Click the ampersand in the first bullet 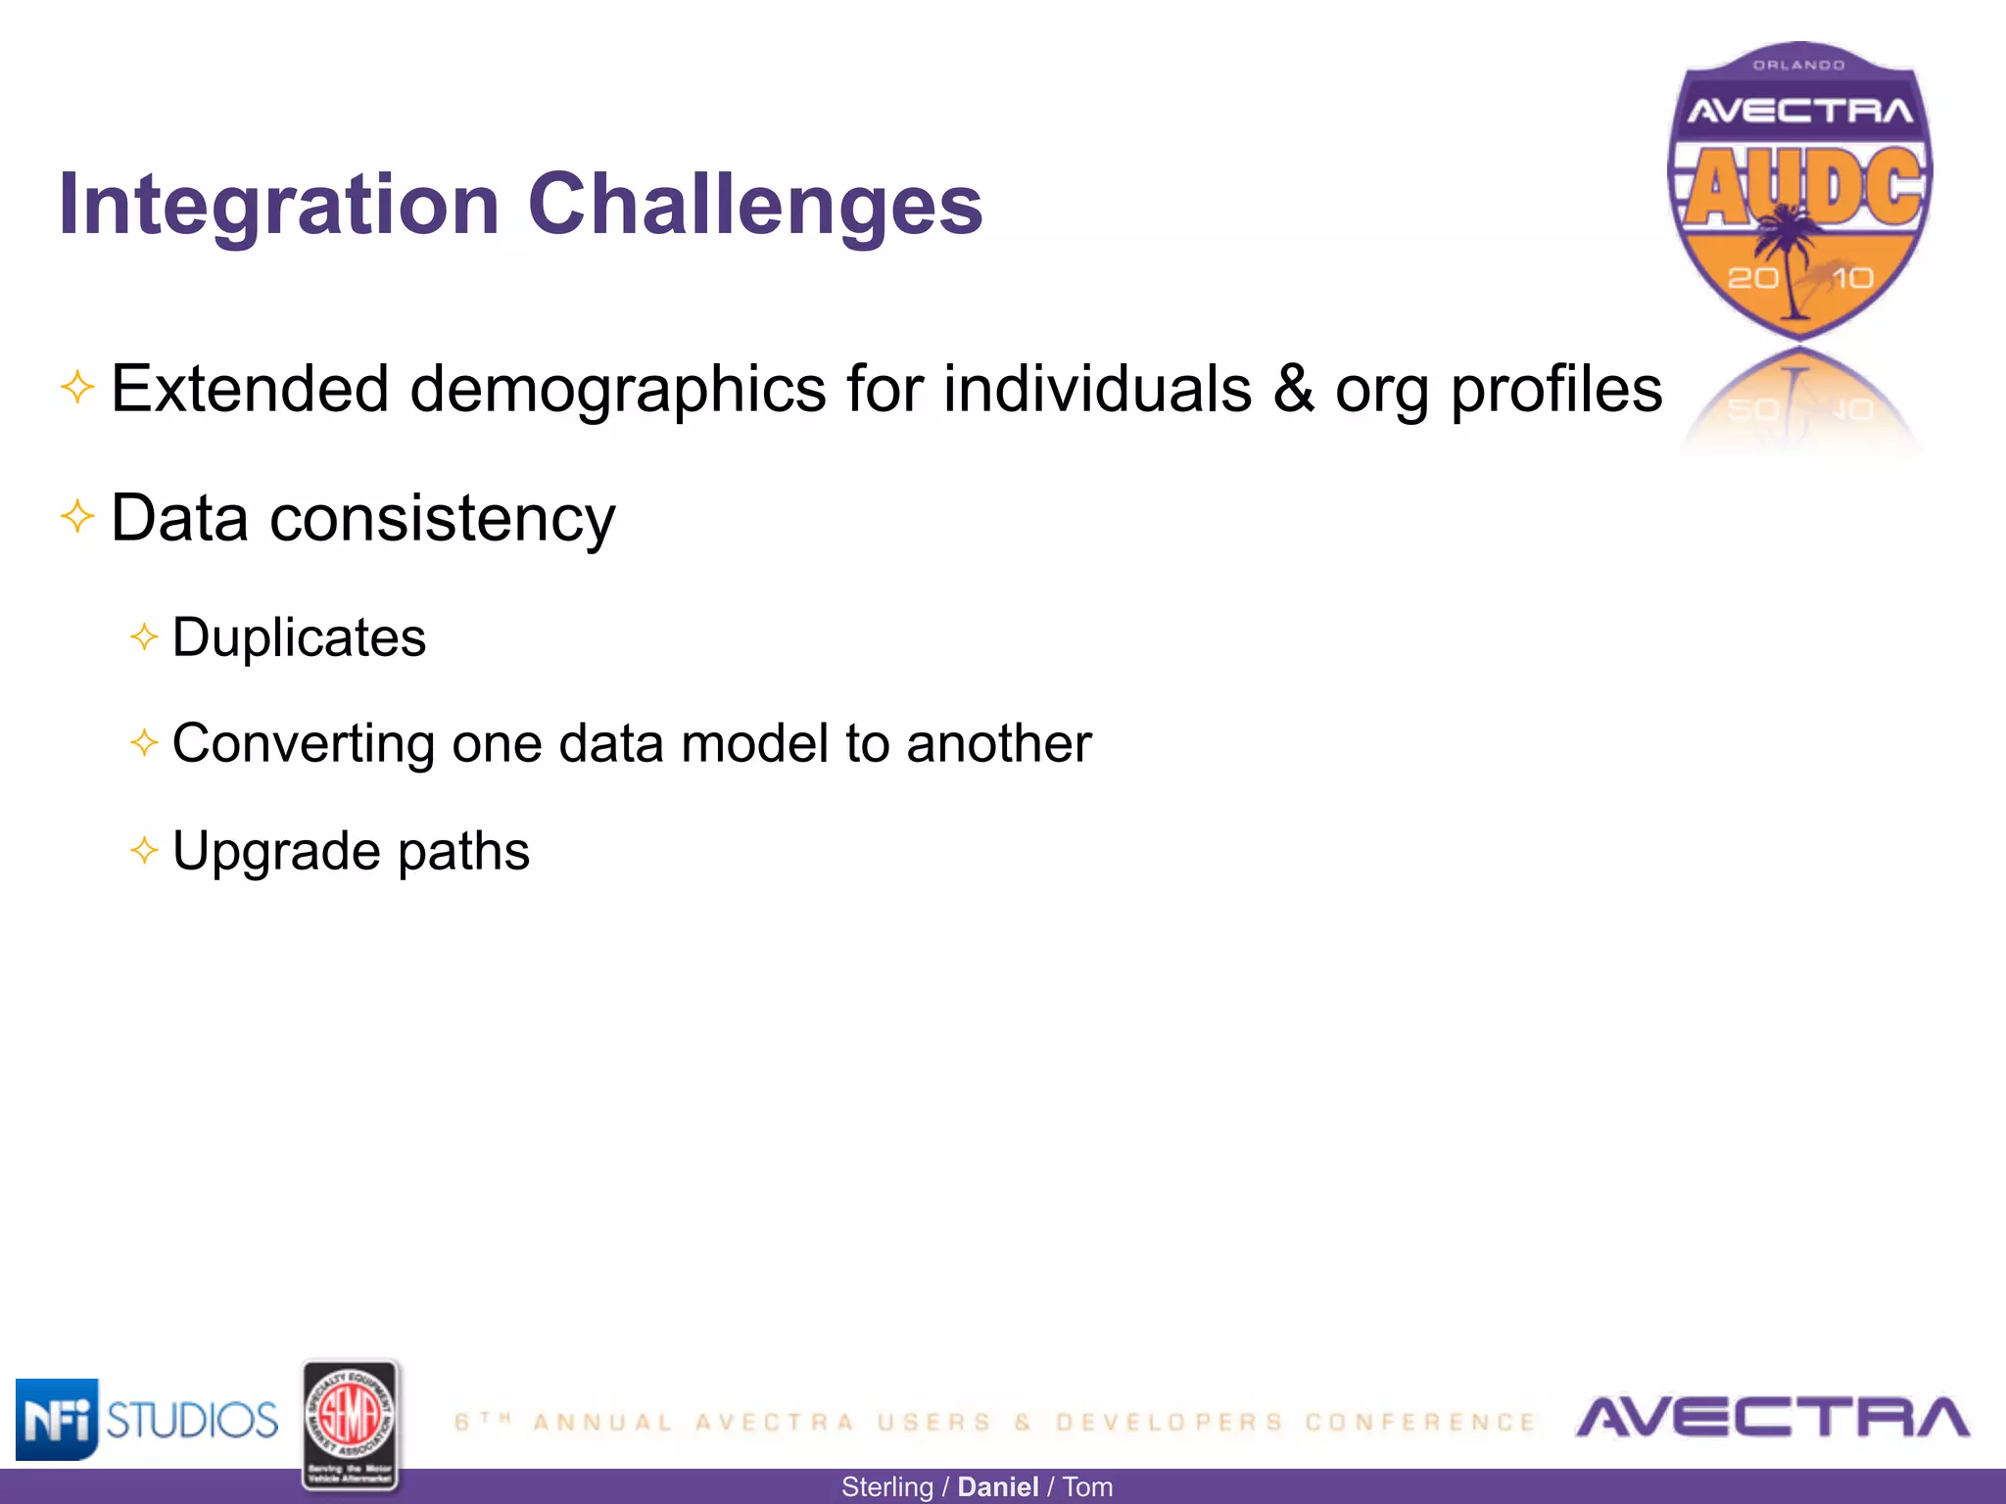[x=1293, y=389]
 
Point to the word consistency [x=442, y=519]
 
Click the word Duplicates [x=299, y=638]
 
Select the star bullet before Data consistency [x=77, y=515]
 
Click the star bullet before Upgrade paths [x=144, y=850]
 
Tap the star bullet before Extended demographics [x=77, y=387]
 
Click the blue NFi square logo [x=57, y=1419]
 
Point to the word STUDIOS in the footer [x=192, y=1420]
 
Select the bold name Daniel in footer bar [x=997, y=1487]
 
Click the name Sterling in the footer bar [x=887, y=1487]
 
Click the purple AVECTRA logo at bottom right [x=1772, y=1418]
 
